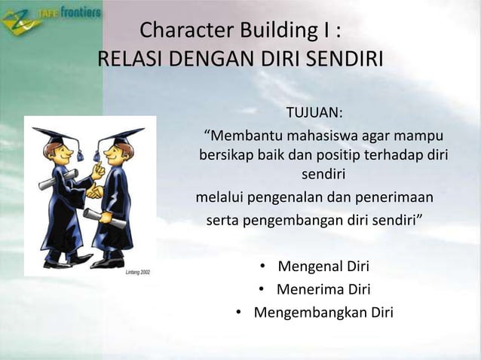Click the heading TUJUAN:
314,114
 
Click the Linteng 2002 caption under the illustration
137,271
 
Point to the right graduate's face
115,154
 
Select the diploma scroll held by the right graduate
97,216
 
